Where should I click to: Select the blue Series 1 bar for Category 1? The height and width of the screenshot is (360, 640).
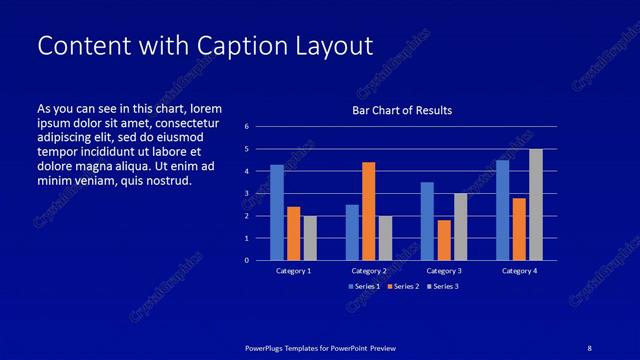pyautogui.click(x=277, y=212)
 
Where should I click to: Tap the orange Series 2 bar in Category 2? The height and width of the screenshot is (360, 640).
pyautogui.click(x=368, y=210)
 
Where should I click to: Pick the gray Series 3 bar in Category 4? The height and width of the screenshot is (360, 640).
pyautogui.click(x=536, y=204)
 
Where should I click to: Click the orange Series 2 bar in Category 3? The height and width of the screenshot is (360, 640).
pyautogui.click(x=444, y=240)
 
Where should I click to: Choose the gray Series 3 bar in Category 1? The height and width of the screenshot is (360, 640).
pyautogui.click(x=310, y=238)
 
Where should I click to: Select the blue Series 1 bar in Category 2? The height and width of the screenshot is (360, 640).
pyautogui.click(x=352, y=232)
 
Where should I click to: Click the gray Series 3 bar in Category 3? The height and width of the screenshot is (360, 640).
pyautogui.click(x=460, y=227)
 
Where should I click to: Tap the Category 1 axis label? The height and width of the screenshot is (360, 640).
pyautogui.click(x=293, y=271)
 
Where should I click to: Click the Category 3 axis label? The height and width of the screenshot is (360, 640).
pyautogui.click(x=443, y=271)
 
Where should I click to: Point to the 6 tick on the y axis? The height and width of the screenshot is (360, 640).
pyautogui.click(x=247, y=127)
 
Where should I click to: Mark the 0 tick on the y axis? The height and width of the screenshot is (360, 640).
pyautogui.click(x=247, y=260)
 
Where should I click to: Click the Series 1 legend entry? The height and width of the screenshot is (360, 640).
pyautogui.click(x=363, y=287)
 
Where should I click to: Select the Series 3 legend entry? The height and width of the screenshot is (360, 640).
pyautogui.click(x=443, y=287)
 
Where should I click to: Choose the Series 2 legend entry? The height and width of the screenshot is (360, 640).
pyautogui.click(x=403, y=287)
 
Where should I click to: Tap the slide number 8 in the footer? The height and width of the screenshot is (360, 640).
pyautogui.click(x=590, y=347)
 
